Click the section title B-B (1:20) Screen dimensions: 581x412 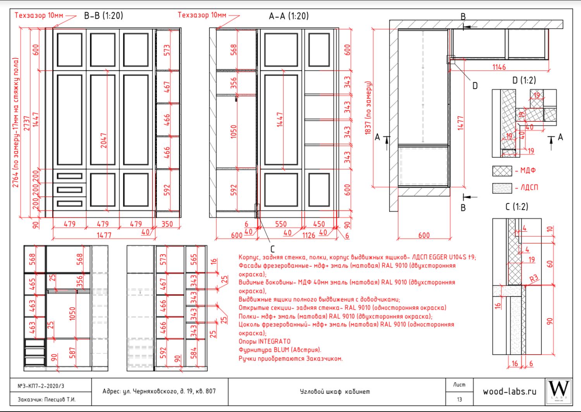[103, 16]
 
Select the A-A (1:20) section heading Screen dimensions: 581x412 [289, 16]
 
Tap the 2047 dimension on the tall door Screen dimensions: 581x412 [103, 141]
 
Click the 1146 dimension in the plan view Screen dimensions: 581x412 [499, 67]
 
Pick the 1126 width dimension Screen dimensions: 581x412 [309, 236]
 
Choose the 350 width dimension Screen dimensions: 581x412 [167, 224]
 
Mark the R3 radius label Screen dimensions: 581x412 [534, 279]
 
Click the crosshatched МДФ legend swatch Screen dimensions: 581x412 [502, 171]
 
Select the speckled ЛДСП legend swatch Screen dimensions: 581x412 [502, 188]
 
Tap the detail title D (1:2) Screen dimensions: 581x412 [524, 80]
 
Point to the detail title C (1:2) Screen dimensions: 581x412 [517, 207]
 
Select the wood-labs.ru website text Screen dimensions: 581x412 [510, 391]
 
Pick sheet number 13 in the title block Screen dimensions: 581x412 [459, 400]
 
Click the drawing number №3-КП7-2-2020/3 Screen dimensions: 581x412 [41, 386]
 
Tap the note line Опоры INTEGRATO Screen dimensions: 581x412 [265, 341]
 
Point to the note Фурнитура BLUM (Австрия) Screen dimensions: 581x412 [280, 350]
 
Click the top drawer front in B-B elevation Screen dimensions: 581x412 [69, 176]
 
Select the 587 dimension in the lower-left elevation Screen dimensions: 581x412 [72, 353]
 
